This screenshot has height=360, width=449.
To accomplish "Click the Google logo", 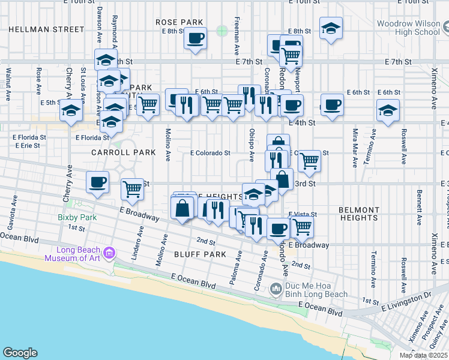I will [x=20, y=353].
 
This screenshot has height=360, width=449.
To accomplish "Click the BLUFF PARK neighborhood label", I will [x=200, y=254].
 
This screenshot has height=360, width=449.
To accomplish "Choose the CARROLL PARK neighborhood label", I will [x=123, y=152].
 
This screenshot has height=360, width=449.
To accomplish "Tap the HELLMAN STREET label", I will [x=47, y=29].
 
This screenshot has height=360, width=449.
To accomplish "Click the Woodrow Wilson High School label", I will [x=408, y=28].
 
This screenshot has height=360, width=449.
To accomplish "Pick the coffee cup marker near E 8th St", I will [x=195, y=39].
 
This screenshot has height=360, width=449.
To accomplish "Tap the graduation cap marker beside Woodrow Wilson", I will [x=330, y=29].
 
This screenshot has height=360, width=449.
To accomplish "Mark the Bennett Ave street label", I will [x=418, y=204].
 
